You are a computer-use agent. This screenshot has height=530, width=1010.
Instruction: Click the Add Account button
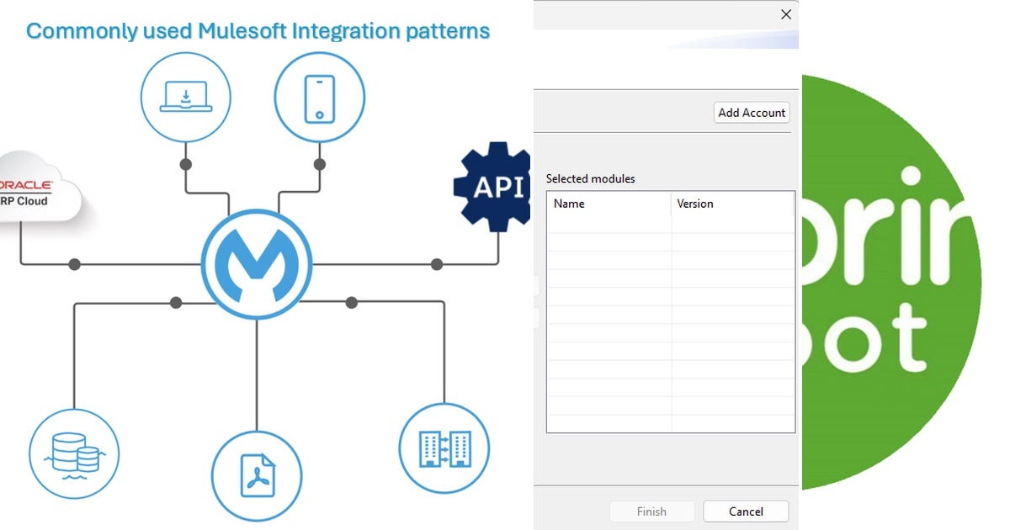(752, 113)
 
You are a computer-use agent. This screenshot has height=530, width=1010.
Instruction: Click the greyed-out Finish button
(651, 511)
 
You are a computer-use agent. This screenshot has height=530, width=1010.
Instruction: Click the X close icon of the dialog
(786, 14)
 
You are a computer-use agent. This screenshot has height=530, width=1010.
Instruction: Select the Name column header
(569, 204)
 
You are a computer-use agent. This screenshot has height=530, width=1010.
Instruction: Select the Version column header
(695, 204)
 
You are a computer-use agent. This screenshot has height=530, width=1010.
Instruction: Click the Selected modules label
(590, 178)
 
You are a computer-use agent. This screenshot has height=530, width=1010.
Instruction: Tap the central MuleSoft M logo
(257, 264)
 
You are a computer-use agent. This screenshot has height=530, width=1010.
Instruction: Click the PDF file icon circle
(257, 475)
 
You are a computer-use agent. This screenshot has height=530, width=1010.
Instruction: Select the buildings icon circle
(444, 448)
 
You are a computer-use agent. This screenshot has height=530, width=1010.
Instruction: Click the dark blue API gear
(494, 187)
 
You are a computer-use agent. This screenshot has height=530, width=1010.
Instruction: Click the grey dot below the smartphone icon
(319, 164)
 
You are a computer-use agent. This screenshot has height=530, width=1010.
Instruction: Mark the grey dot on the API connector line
(437, 264)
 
